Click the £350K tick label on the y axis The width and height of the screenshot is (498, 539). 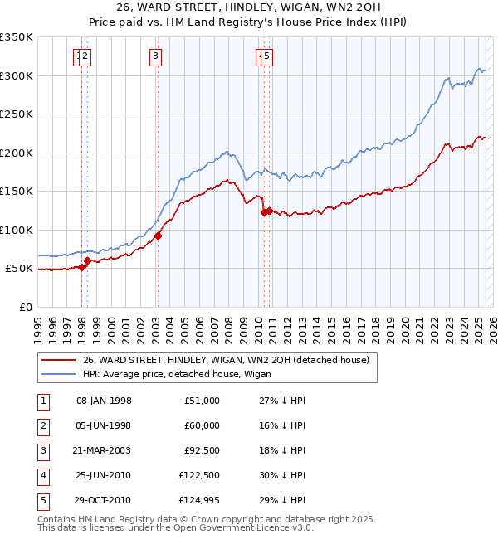pyautogui.click(x=17, y=37)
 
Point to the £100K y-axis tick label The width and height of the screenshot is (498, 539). pyautogui.click(x=17, y=230)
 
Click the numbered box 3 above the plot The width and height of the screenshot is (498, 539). pyautogui.click(x=155, y=56)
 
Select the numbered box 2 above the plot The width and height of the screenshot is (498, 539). pyautogui.click(x=85, y=56)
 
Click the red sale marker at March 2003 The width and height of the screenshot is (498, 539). pyautogui.click(x=158, y=236)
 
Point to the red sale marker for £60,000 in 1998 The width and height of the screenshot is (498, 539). pyautogui.click(x=87, y=260)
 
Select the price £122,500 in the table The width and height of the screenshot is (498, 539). pyautogui.click(x=196, y=475)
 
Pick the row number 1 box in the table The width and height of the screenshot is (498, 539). pyautogui.click(x=42, y=401)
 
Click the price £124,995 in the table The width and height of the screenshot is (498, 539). pyautogui.click(x=196, y=500)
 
